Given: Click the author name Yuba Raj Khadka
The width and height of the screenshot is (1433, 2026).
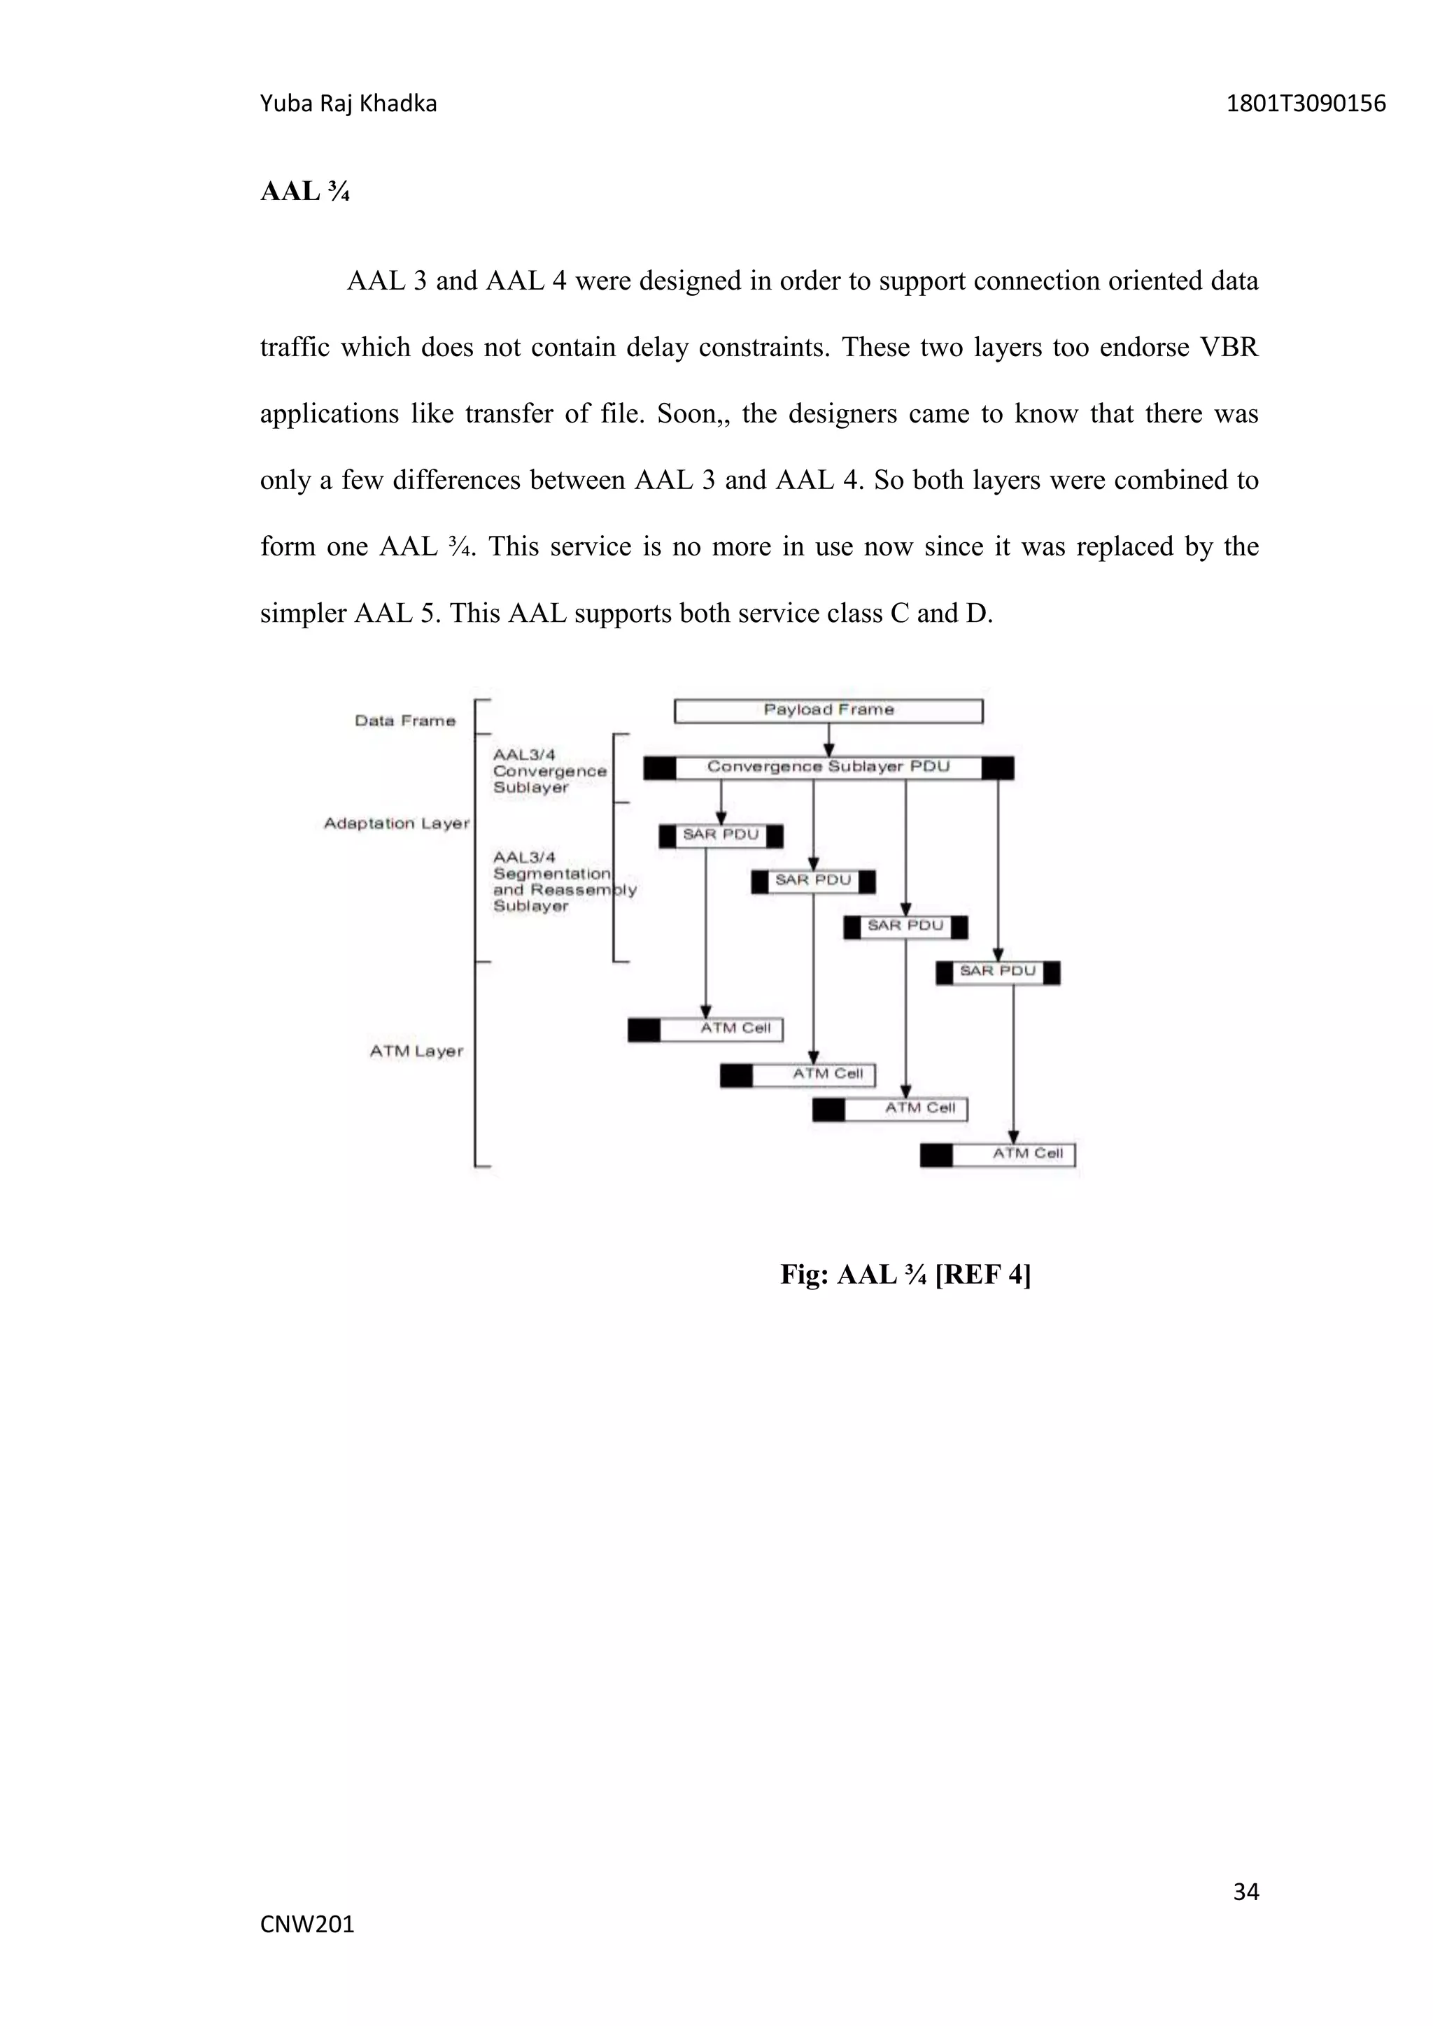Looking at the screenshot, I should pyautogui.click(x=348, y=104).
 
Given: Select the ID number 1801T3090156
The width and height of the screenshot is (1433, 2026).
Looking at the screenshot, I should pyautogui.click(x=1305, y=104).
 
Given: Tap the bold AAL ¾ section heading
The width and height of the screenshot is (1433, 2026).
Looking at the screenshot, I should pyautogui.click(x=304, y=192).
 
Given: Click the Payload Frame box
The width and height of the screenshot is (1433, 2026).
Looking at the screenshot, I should pyautogui.click(x=828, y=710).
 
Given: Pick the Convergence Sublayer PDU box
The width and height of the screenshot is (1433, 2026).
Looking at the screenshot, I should pyautogui.click(x=828, y=767).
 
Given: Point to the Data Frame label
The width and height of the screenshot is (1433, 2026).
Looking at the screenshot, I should pyautogui.click(x=405, y=721).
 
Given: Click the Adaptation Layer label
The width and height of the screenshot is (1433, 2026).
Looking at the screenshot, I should pyautogui.click(x=396, y=823).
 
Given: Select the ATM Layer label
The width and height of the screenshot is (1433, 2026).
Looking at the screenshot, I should pyautogui.click(x=416, y=1051).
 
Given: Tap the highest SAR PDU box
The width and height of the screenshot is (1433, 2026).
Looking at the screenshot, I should pyautogui.click(x=720, y=835).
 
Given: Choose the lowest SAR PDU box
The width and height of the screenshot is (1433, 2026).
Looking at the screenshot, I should pyautogui.click(x=997, y=972).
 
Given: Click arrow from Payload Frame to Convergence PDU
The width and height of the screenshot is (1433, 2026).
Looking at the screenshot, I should pyautogui.click(x=828, y=739).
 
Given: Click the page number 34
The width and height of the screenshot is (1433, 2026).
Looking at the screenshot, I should pyautogui.click(x=1245, y=1891).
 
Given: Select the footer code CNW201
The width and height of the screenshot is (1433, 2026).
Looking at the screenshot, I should pyautogui.click(x=307, y=1925).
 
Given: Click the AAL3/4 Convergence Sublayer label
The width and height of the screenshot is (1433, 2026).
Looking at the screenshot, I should pyautogui.click(x=549, y=770).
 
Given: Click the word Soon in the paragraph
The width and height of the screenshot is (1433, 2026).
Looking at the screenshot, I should pyautogui.click(x=687, y=414).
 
